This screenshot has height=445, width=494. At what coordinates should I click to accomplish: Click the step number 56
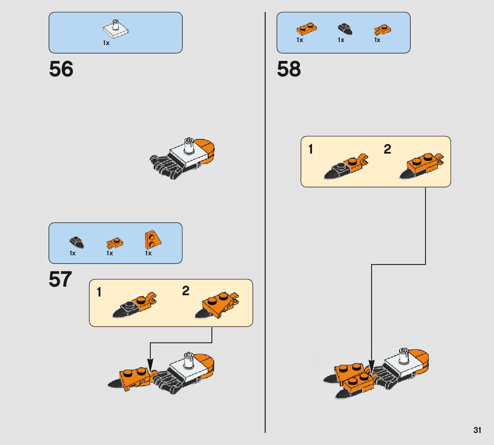61,69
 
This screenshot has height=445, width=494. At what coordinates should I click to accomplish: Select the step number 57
60,280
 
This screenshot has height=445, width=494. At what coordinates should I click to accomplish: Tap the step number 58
289,69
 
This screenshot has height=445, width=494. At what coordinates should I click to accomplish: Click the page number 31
477,430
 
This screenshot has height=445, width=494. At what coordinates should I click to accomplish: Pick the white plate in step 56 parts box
116,29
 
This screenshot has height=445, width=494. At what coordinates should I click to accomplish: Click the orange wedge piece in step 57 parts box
152,240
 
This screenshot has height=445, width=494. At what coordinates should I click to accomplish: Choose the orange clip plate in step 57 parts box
115,244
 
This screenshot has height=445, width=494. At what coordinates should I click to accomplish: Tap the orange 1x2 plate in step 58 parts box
306,30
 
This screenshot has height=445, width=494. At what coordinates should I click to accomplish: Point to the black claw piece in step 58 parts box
345,29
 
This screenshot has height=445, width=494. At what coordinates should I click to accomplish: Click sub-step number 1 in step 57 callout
99,293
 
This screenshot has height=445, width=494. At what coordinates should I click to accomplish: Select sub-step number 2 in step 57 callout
185,291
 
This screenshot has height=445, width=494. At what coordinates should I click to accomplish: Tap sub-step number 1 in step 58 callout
311,150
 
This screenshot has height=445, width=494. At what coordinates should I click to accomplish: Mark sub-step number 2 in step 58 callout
387,149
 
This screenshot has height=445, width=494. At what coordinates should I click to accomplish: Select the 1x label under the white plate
106,43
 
